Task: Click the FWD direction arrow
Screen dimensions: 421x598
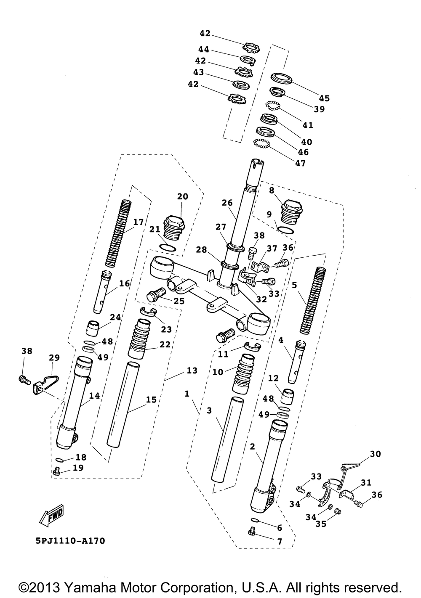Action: click(x=51, y=515)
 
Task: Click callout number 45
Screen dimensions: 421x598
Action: click(x=324, y=98)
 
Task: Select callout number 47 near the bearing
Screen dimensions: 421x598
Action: click(x=300, y=163)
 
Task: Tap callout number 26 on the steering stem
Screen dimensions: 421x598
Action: click(x=227, y=203)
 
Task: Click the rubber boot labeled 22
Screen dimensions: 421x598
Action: click(x=139, y=339)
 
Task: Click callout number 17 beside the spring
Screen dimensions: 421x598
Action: click(x=138, y=222)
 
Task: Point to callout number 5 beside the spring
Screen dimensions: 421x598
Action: click(x=294, y=285)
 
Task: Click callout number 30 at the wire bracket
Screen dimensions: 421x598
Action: click(x=375, y=454)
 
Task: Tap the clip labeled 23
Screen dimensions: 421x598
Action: click(x=148, y=311)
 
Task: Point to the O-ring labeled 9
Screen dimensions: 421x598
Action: click(x=286, y=229)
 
